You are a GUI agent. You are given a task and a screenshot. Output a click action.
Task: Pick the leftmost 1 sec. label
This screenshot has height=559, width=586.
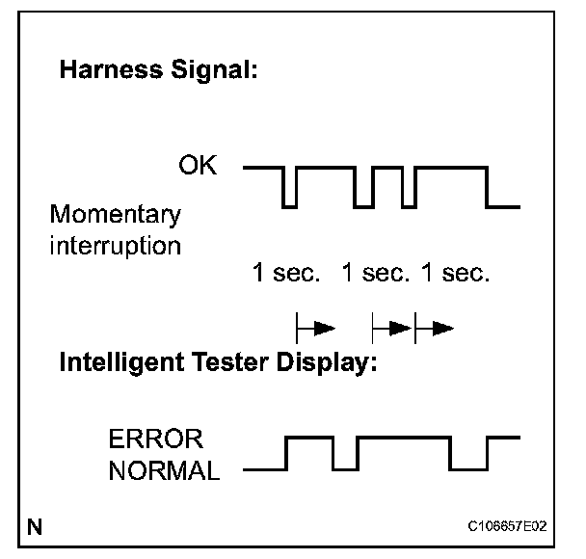[285, 274]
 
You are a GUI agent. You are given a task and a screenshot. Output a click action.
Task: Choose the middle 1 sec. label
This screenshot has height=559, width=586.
[376, 274]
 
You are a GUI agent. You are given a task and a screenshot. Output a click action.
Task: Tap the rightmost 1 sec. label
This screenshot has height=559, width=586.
[456, 274]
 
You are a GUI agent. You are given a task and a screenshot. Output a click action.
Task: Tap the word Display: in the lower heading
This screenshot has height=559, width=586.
[324, 365]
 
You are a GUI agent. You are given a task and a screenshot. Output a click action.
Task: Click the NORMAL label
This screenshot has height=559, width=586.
[164, 471]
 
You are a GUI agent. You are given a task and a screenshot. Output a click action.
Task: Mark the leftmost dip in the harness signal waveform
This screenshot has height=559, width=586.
[288, 187]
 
